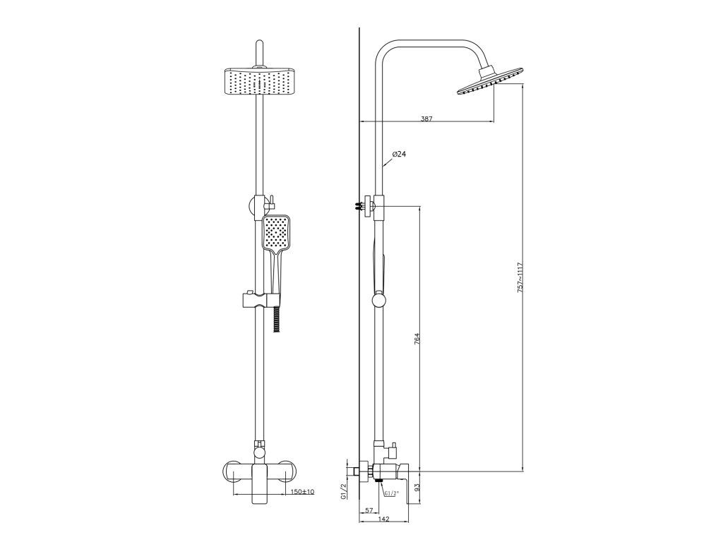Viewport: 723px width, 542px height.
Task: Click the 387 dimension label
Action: click(x=426, y=119)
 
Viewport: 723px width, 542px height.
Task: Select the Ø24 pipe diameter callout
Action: click(x=399, y=154)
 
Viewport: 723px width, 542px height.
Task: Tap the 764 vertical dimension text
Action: click(x=417, y=339)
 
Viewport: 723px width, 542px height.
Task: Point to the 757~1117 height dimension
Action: click(x=520, y=277)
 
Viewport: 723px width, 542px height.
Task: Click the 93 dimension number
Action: click(x=417, y=486)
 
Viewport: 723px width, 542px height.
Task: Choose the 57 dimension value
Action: click(x=369, y=510)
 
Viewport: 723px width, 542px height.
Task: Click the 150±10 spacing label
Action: click(x=302, y=492)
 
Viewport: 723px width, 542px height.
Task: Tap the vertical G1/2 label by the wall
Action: click(x=343, y=492)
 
